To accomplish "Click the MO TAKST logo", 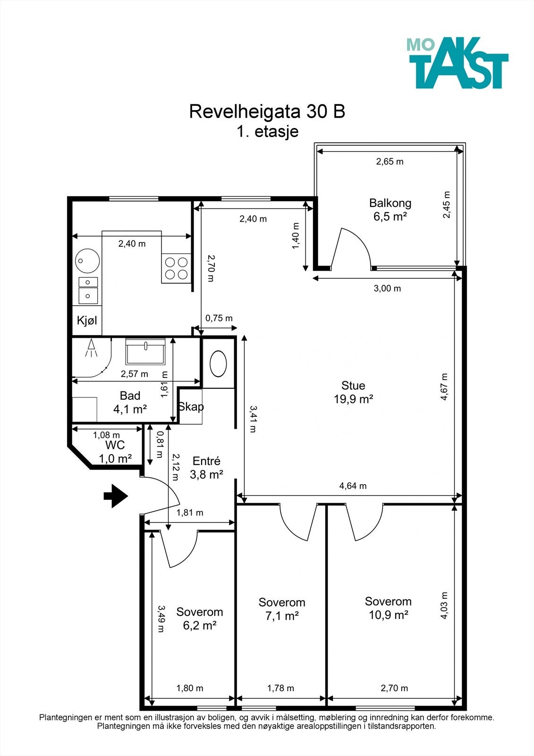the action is tap(458, 63).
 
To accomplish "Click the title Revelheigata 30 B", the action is tap(267, 112).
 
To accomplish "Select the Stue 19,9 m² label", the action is tap(353, 392).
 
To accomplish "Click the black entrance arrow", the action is tap(116, 496).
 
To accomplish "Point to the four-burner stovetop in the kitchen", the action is tap(176, 268).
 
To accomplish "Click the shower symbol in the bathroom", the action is tap(91, 348).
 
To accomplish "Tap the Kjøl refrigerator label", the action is tap(87, 320).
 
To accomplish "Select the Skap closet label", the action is tap(191, 407).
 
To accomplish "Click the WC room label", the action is tap(115, 445).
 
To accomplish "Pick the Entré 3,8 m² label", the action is tap(206, 468).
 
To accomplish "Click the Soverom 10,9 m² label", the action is tap(388, 608).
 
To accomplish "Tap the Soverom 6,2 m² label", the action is tap(200, 619).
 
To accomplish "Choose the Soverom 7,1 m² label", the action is tap(282, 609).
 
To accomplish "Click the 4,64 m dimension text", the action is tap(353, 486).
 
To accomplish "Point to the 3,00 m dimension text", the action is tap(387, 288).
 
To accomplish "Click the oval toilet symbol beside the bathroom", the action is tap(218, 363).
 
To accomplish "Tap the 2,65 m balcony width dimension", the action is tap(390, 161).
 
